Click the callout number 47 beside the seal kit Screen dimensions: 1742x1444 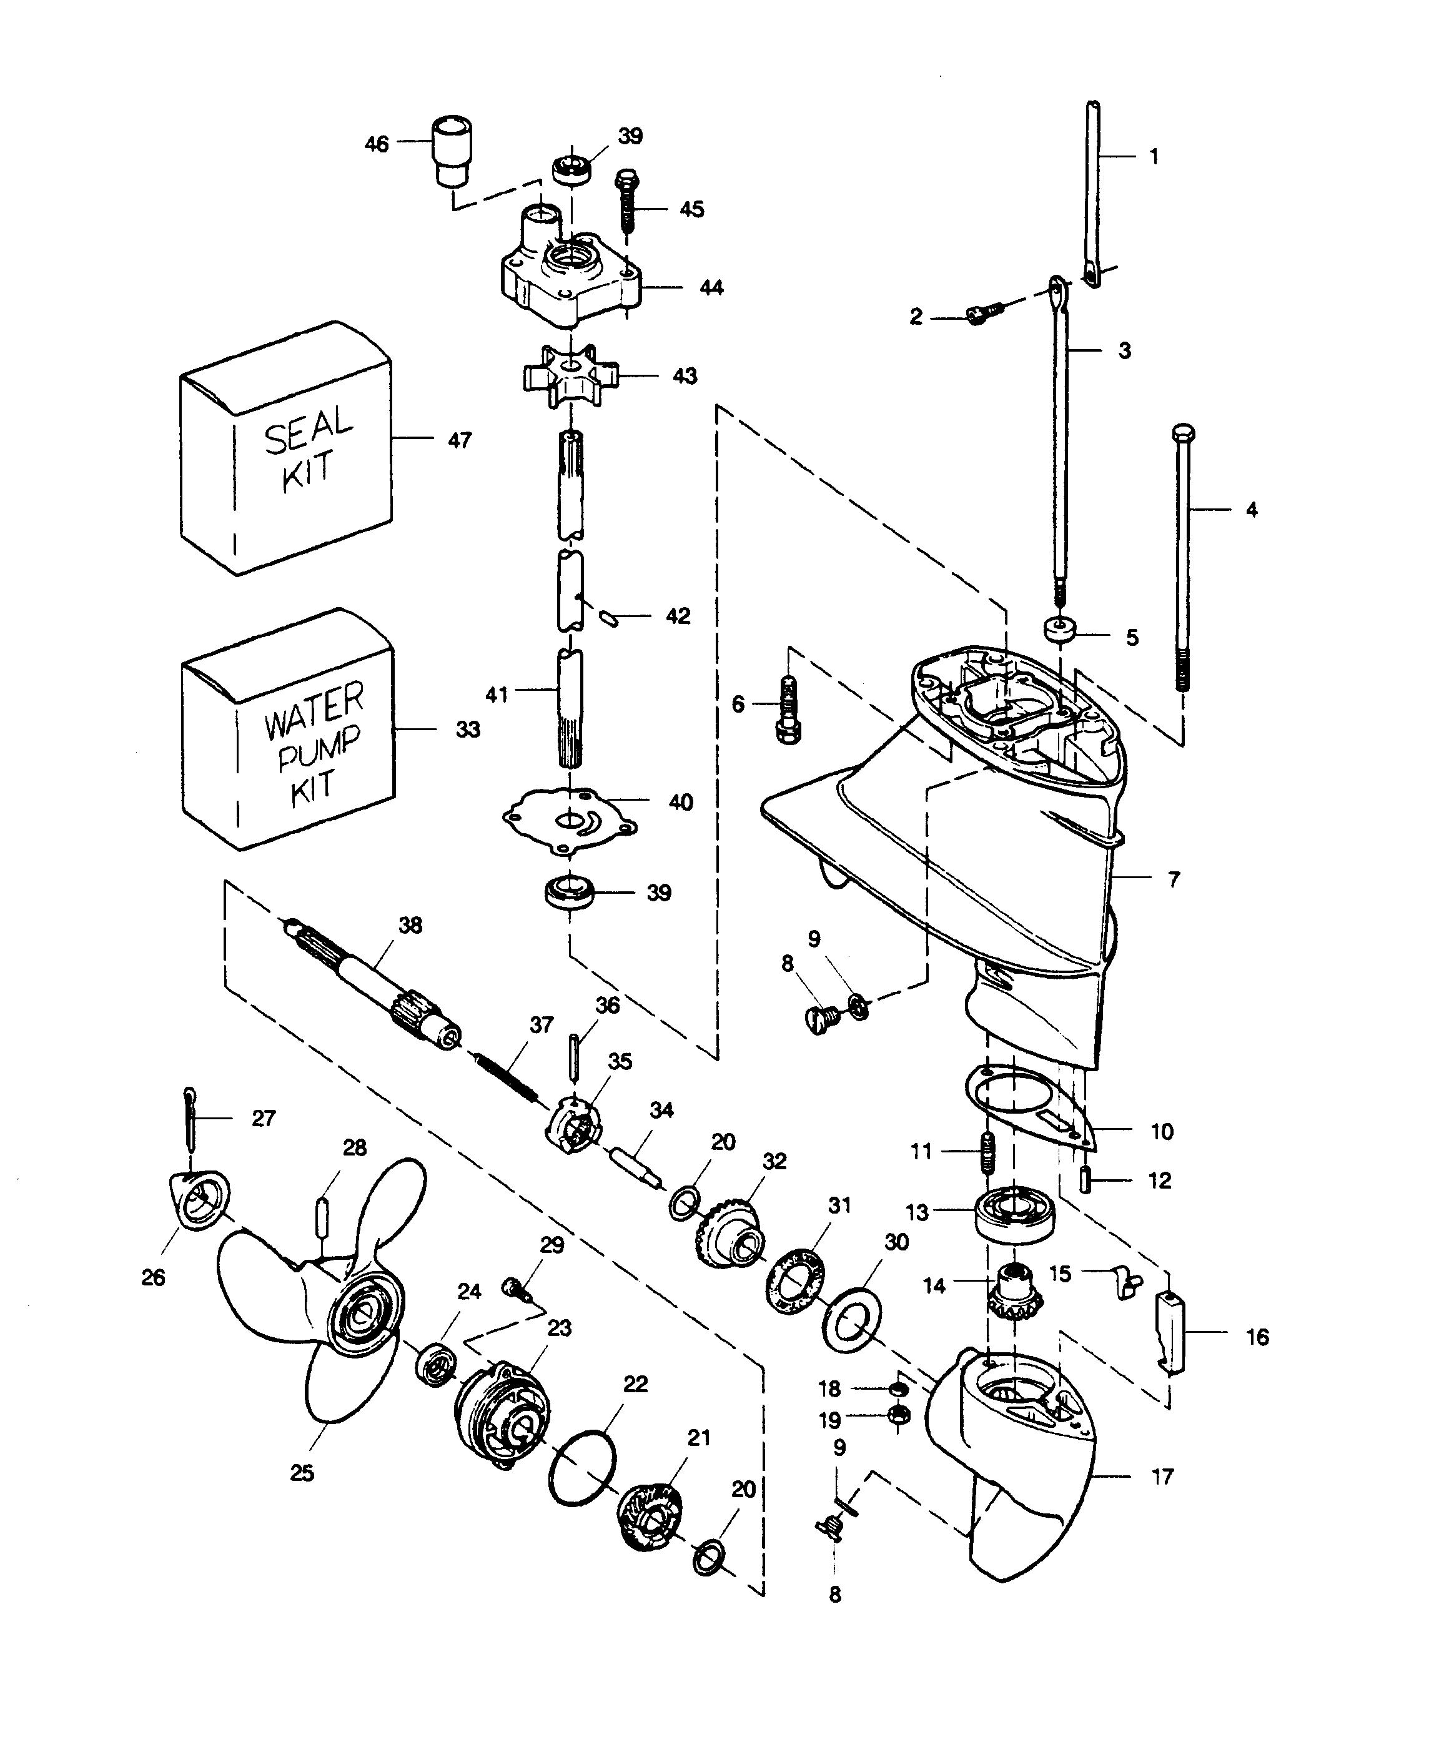pos(460,440)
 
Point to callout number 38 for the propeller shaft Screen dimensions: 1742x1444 pos(410,925)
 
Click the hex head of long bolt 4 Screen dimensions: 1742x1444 pos(1184,434)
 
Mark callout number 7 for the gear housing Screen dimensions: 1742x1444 pos(1174,880)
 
